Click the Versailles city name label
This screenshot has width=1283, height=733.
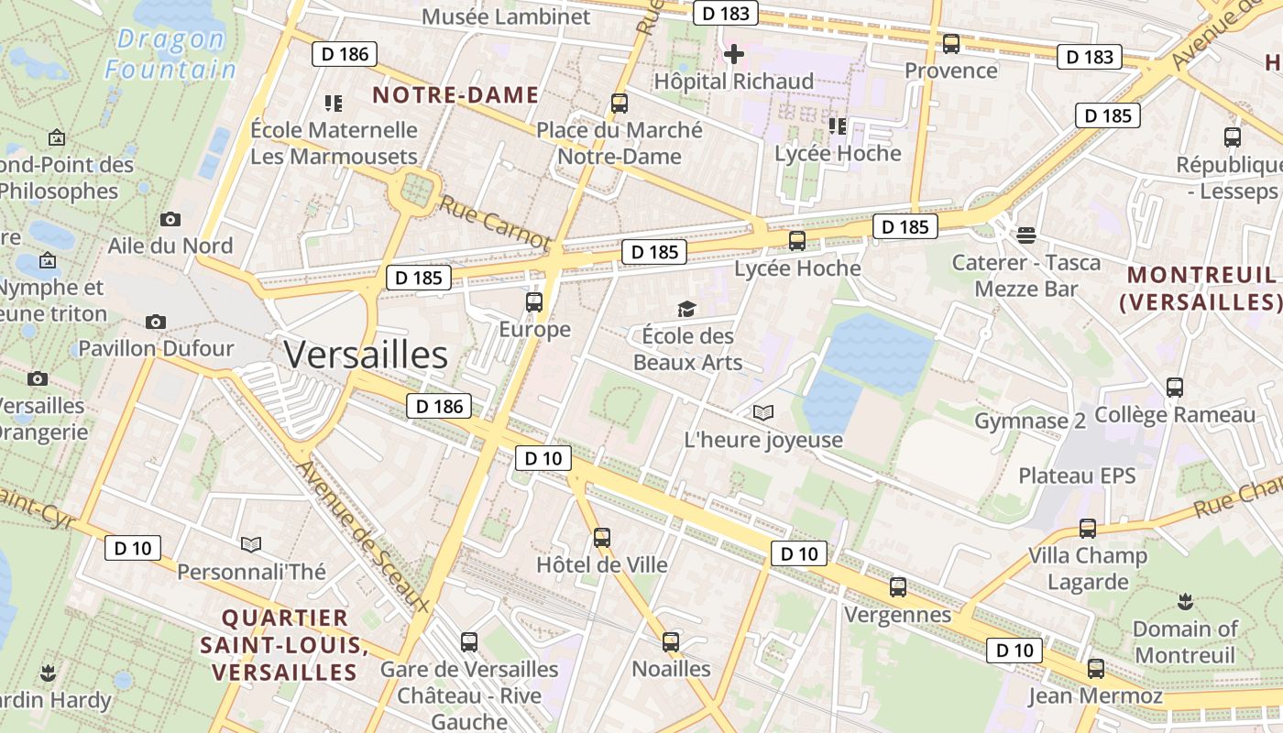click(x=366, y=355)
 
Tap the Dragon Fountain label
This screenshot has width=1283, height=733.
click(x=170, y=54)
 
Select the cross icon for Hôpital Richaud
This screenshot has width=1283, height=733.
click(x=733, y=55)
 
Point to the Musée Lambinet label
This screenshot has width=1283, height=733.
click(x=506, y=16)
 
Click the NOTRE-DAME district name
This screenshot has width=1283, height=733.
click(x=455, y=95)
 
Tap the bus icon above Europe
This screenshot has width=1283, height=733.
click(x=534, y=302)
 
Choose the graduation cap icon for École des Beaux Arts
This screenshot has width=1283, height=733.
click(x=686, y=310)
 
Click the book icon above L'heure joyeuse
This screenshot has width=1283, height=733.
click(x=762, y=413)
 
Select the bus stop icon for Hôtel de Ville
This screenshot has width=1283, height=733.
click(x=601, y=538)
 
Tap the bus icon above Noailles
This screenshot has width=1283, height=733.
click(x=671, y=642)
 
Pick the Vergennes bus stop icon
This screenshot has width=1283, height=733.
click(x=898, y=587)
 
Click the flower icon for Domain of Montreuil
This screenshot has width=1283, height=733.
click(x=1185, y=602)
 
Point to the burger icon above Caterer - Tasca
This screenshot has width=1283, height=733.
click(x=1026, y=235)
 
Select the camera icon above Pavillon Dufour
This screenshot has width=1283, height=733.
click(x=156, y=322)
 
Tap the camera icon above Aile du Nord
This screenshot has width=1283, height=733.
click(x=170, y=219)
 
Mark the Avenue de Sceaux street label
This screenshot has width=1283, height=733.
click(x=363, y=535)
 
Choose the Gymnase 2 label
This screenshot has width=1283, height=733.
click(x=1029, y=421)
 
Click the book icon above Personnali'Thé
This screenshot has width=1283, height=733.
click(x=251, y=545)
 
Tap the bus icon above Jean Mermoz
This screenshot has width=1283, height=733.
click(x=1095, y=669)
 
